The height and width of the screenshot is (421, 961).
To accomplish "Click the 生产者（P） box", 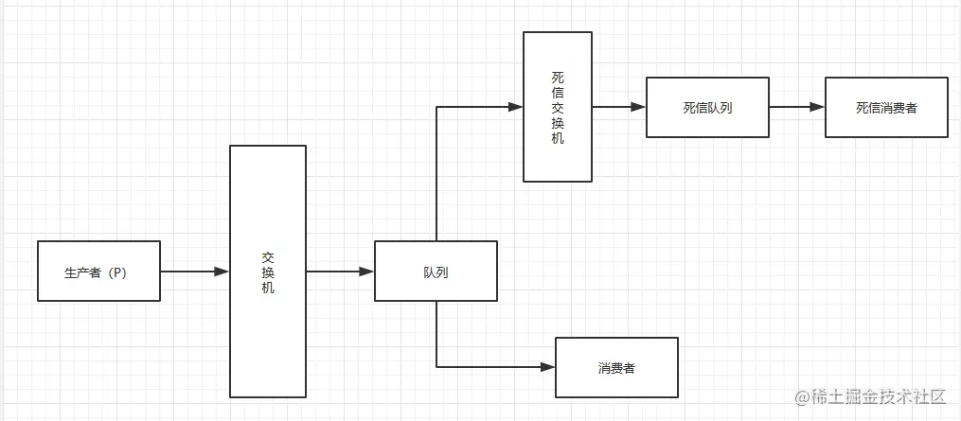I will (98, 272).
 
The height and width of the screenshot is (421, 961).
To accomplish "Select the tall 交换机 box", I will (268, 272).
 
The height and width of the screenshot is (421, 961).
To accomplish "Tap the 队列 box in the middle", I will (436, 272).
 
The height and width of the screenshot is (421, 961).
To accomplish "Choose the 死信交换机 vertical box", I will (558, 107).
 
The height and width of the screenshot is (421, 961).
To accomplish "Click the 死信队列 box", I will (707, 107).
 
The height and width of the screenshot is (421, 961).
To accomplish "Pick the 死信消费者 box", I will (886, 107).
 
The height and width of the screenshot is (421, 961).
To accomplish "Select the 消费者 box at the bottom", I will (616, 367).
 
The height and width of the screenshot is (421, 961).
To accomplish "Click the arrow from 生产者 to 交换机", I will (194, 272).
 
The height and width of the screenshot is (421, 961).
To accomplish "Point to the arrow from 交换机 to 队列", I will (339, 272).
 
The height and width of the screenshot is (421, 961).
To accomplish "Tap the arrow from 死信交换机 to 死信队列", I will (618, 107).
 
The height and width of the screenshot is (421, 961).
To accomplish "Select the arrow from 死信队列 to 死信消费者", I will (796, 107).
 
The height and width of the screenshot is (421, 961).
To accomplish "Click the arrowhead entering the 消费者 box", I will (547, 367).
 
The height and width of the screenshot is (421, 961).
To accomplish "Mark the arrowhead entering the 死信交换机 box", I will (516, 107).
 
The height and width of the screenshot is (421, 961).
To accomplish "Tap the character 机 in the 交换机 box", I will (268, 288).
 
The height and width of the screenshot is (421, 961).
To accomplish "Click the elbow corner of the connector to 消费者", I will (436, 367).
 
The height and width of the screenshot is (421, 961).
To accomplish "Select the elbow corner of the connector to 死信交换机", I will (436, 107).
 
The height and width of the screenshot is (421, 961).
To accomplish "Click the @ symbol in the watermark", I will (801, 396).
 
